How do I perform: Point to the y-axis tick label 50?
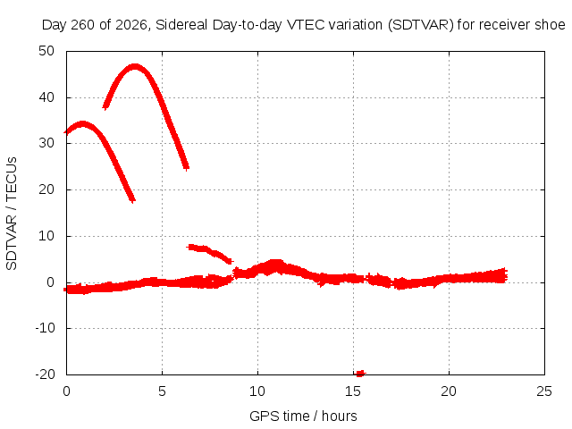46,51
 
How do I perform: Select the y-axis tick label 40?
46,97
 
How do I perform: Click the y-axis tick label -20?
45,374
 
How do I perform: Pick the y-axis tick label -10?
45,328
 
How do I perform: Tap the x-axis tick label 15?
353,391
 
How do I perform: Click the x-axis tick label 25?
544,391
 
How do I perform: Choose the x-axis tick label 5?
162,391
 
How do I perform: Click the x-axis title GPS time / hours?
303,416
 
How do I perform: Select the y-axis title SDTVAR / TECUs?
12,214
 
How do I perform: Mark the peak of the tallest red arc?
135,67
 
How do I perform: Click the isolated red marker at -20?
359,373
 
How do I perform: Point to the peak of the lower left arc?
83,123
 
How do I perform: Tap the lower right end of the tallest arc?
187,168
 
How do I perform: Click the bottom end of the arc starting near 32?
133,200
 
